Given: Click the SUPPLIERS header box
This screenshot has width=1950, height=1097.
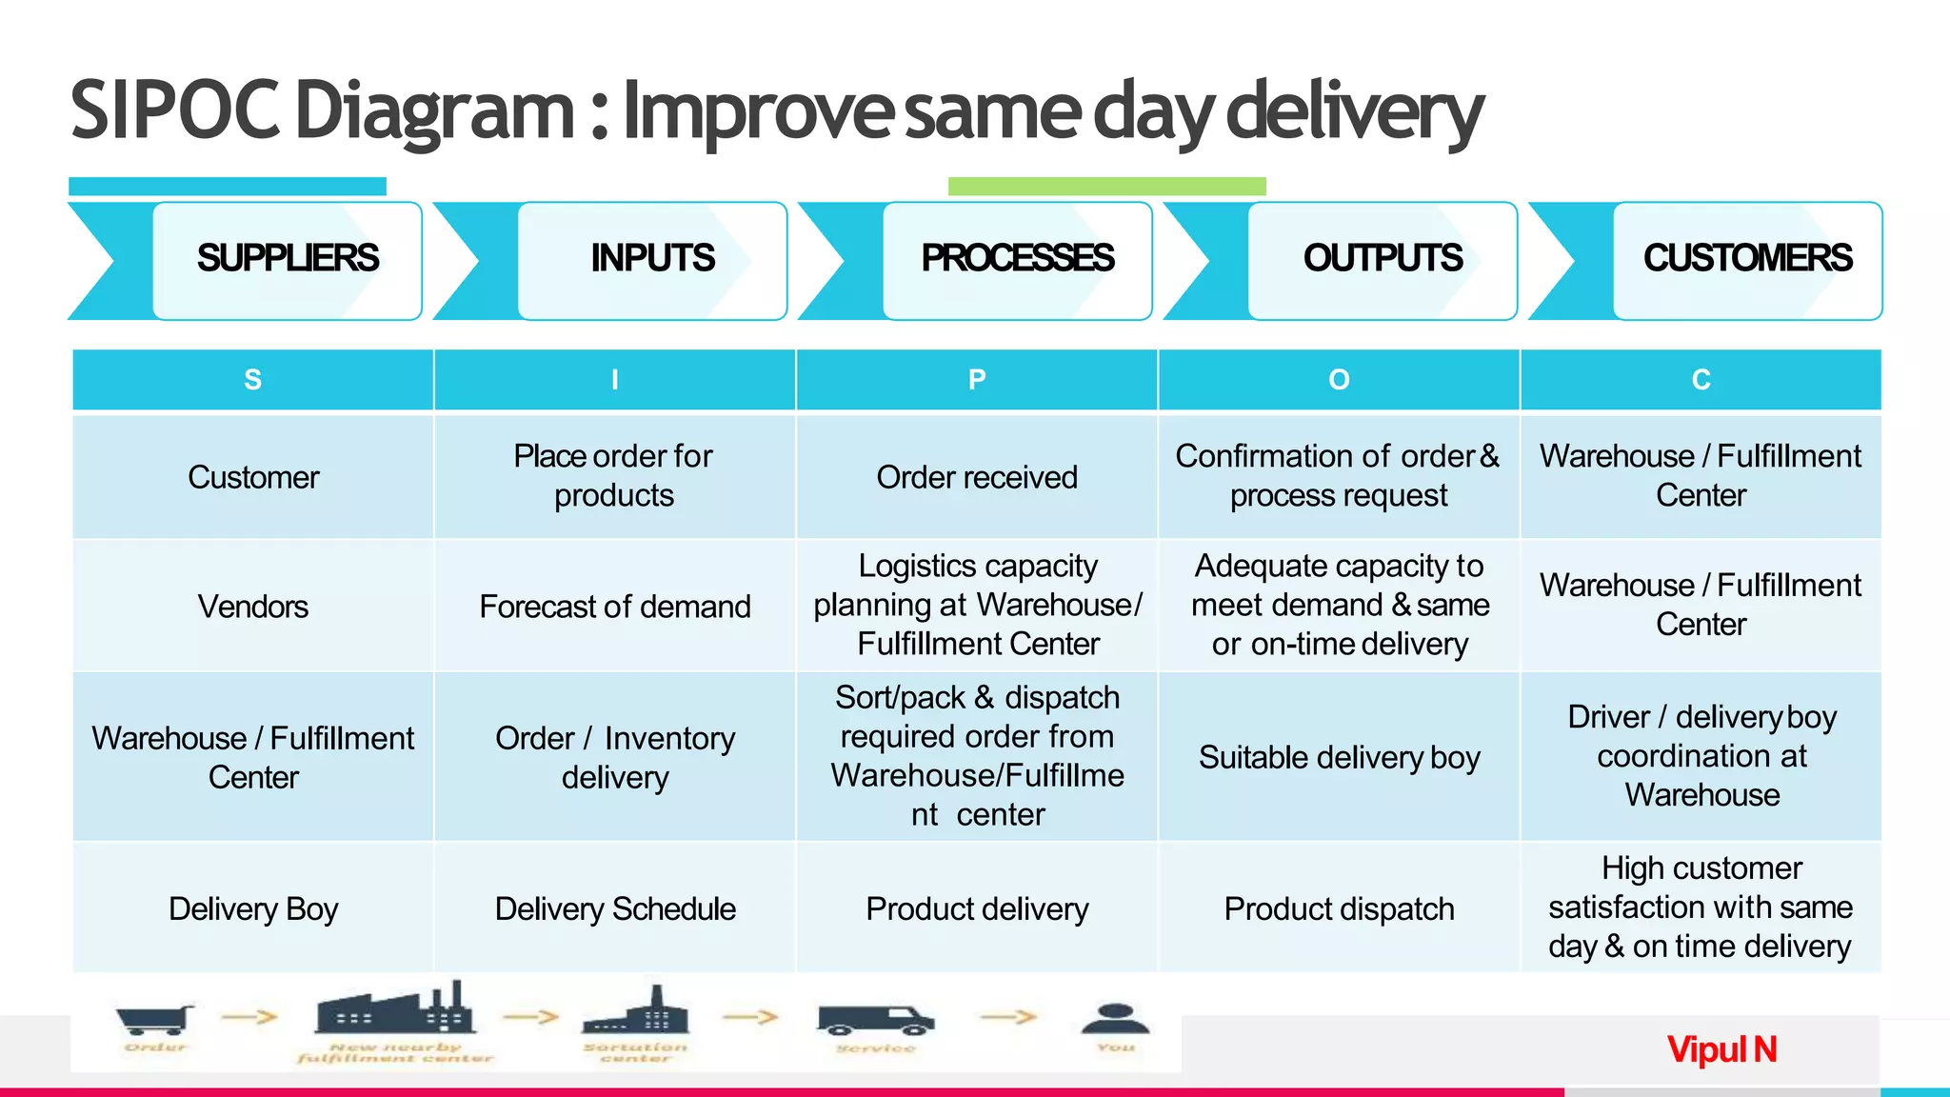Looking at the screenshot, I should point(287,259).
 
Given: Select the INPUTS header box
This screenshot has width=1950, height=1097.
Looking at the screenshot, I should point(652,259).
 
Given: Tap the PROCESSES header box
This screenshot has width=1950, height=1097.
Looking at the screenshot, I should point(1017,259).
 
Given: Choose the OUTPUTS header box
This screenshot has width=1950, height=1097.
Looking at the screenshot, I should point(1383,259).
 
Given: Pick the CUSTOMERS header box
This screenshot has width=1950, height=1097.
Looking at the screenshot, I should point(1747,259).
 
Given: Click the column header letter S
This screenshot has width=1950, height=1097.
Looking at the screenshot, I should point(252,380).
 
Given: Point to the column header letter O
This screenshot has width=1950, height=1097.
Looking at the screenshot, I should point(1339,380).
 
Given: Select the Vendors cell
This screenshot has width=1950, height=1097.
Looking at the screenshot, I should point(253,607).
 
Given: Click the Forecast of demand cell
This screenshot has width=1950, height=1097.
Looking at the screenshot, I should point(615,607).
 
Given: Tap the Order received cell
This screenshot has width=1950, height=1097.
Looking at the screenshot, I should point(977,477).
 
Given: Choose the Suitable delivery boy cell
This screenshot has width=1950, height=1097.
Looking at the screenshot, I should point(1339,757).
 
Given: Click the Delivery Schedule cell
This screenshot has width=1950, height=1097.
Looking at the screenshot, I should point(615,908).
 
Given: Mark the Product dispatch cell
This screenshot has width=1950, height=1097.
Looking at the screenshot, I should point(1339,908).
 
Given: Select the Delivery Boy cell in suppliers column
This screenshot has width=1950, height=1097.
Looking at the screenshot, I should point(253,908).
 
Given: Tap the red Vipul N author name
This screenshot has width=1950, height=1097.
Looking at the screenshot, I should point(1721,1049).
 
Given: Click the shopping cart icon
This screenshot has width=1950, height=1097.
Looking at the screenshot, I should point(153,1019).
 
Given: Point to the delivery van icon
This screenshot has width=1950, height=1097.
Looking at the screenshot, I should point(875,1020).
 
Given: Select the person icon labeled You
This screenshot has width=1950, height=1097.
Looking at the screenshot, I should point(1115,1018).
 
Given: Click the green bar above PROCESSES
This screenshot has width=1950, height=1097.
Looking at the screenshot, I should point(1106,186).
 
